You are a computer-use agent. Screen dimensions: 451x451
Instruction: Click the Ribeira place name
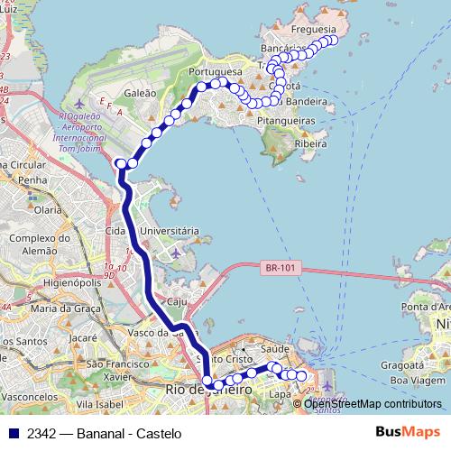310,143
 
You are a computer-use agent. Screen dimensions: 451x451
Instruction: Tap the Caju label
175,301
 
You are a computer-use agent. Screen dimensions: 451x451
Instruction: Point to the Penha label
32,180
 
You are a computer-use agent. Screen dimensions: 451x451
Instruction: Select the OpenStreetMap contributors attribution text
373,404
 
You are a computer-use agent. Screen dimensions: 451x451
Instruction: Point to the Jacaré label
83,338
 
